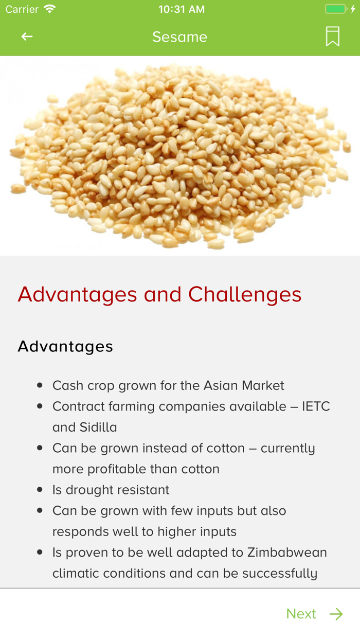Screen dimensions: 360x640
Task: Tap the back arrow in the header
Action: [x=27, y=37]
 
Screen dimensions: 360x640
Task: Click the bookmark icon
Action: [x=333, y=37]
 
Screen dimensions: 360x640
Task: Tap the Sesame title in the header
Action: [x=179, y=37]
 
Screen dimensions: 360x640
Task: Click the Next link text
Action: [x=301, y=614]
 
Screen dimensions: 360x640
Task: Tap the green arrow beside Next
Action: [x=336, y=614]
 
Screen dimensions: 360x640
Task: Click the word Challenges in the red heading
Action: [x=245, y=295]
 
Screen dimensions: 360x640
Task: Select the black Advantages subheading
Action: [x=65, y=347]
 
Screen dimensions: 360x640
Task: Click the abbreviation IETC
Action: [x=316, y=406]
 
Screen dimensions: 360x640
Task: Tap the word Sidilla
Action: [x=98, y=427]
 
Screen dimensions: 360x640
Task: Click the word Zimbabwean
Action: [x=287, y=553]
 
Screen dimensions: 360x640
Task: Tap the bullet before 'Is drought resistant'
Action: [x=40, y=490]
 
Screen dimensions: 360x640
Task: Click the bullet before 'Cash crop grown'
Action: [x=40, y=385]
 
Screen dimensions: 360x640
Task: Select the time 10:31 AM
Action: [x=182, y=9]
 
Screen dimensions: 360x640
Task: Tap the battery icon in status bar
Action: [x=336, y=9]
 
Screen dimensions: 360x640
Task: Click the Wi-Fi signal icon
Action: [x=50, y=9]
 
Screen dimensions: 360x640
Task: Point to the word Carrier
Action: [x=22, y=9]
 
